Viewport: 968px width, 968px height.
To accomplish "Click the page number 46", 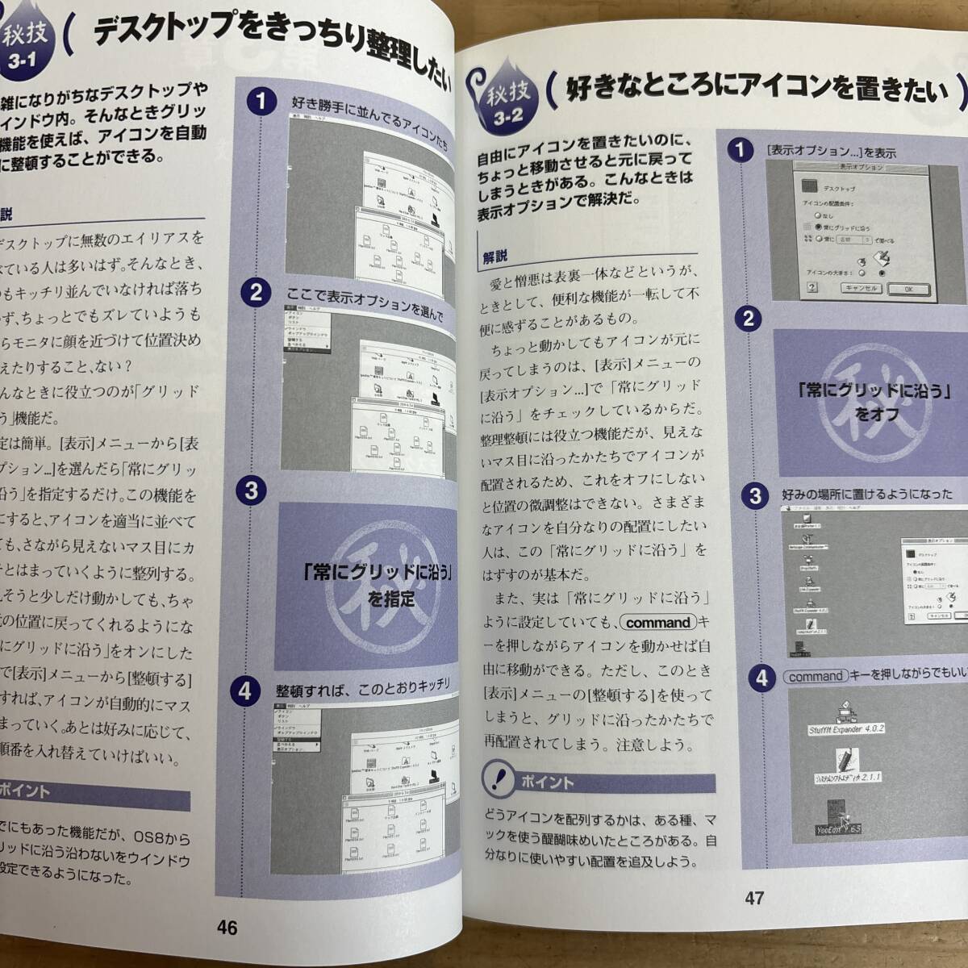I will [227, 928].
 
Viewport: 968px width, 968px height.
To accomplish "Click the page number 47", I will [753, 897].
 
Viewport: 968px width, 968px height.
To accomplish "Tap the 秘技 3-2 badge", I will [503, 103].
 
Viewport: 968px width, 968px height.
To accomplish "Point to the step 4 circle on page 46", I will [245, 691].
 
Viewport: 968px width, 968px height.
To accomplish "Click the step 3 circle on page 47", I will [754, 495].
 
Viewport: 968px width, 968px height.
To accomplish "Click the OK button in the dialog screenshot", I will [908, 289].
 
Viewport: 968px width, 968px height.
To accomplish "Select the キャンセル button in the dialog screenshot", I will [861, 288].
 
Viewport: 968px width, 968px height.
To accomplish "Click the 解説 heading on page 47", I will [495, 257].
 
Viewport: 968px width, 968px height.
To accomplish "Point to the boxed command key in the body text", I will [658, 623].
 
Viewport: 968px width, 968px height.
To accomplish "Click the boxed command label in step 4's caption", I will [816, 677].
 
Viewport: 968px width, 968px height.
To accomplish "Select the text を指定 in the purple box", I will [391, 599].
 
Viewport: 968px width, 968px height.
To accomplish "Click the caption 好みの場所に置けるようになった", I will [874, 494].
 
